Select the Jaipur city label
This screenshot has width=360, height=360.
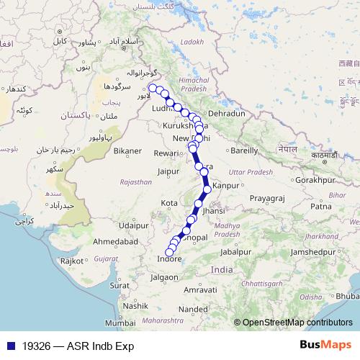click(168, 172)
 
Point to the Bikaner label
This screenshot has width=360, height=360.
click(127, 152)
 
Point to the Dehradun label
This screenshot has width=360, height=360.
click(227, 114)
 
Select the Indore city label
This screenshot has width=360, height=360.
click(170, 258)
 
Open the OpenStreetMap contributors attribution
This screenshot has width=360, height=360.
click(297, 323)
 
